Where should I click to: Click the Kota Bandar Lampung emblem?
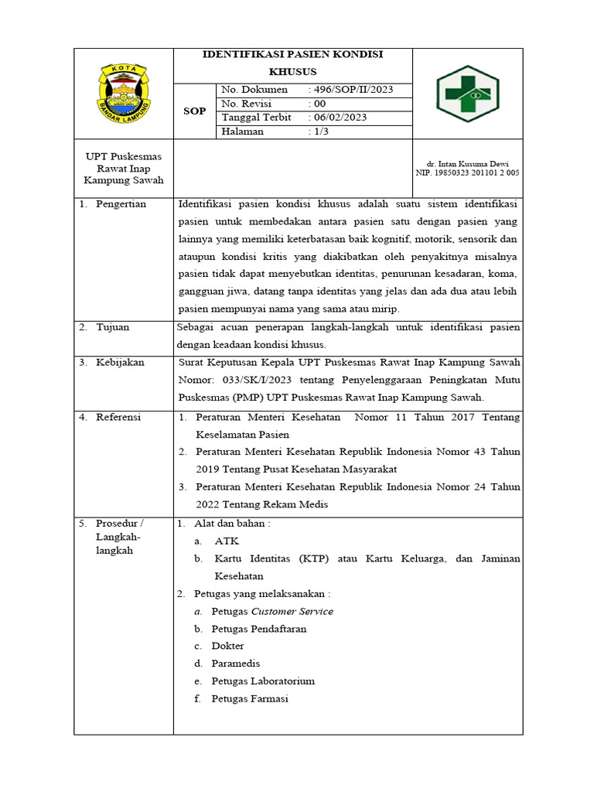(x=123, y=94)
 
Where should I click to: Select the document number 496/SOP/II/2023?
(x=352, y=90)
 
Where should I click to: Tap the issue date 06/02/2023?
(x=339, y=118)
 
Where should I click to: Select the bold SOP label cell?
(x=194, y=111)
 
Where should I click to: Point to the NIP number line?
(x=468, y=173)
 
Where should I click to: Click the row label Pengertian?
(x=121, y=204)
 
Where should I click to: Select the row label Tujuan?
(x=112, y=327)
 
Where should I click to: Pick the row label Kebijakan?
(x=120, y=362)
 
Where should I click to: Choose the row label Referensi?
(x=118, y=417)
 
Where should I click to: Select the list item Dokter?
(x=227, y=646)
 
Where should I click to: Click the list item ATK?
(x=227, y=541)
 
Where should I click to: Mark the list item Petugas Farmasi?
(x=250, y=698)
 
